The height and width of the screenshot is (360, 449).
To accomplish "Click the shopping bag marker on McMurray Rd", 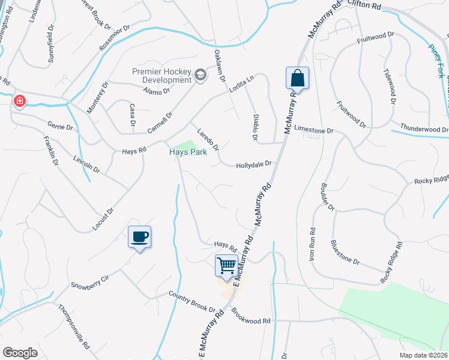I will [x=297, y=78].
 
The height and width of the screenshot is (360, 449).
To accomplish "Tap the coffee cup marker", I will [x=139, y=236].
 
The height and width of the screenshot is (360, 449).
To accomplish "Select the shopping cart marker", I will [x=226, y=265].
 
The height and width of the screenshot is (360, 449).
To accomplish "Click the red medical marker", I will [x=20, y=100].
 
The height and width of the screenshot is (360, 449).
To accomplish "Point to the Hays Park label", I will [x=187, y=152].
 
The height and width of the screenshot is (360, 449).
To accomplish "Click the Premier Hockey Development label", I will [x=161, y=76].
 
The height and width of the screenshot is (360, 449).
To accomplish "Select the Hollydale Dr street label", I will [x=254, y=163].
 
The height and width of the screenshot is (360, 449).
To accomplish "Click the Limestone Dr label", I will [x=313, y=130].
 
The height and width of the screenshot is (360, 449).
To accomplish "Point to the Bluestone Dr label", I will [x=345, y=253].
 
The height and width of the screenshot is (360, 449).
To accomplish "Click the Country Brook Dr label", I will [x=191, y=302].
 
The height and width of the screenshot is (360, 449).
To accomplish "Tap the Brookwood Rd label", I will [x=250, y=317].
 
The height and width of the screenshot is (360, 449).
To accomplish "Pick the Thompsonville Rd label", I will [x=74, y=327].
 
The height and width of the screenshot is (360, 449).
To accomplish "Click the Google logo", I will [x=20, y=353].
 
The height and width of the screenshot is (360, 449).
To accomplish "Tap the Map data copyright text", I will [x=424, y=355].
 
